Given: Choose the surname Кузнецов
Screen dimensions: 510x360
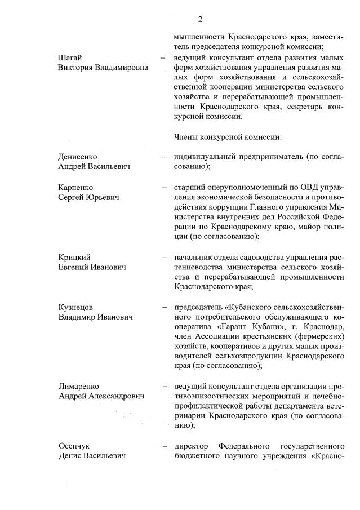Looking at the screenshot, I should [x=75, y=307].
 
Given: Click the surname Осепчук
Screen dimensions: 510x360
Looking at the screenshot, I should [x=75, y=445].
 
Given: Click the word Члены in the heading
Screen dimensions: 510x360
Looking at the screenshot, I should [x=188, y=137].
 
